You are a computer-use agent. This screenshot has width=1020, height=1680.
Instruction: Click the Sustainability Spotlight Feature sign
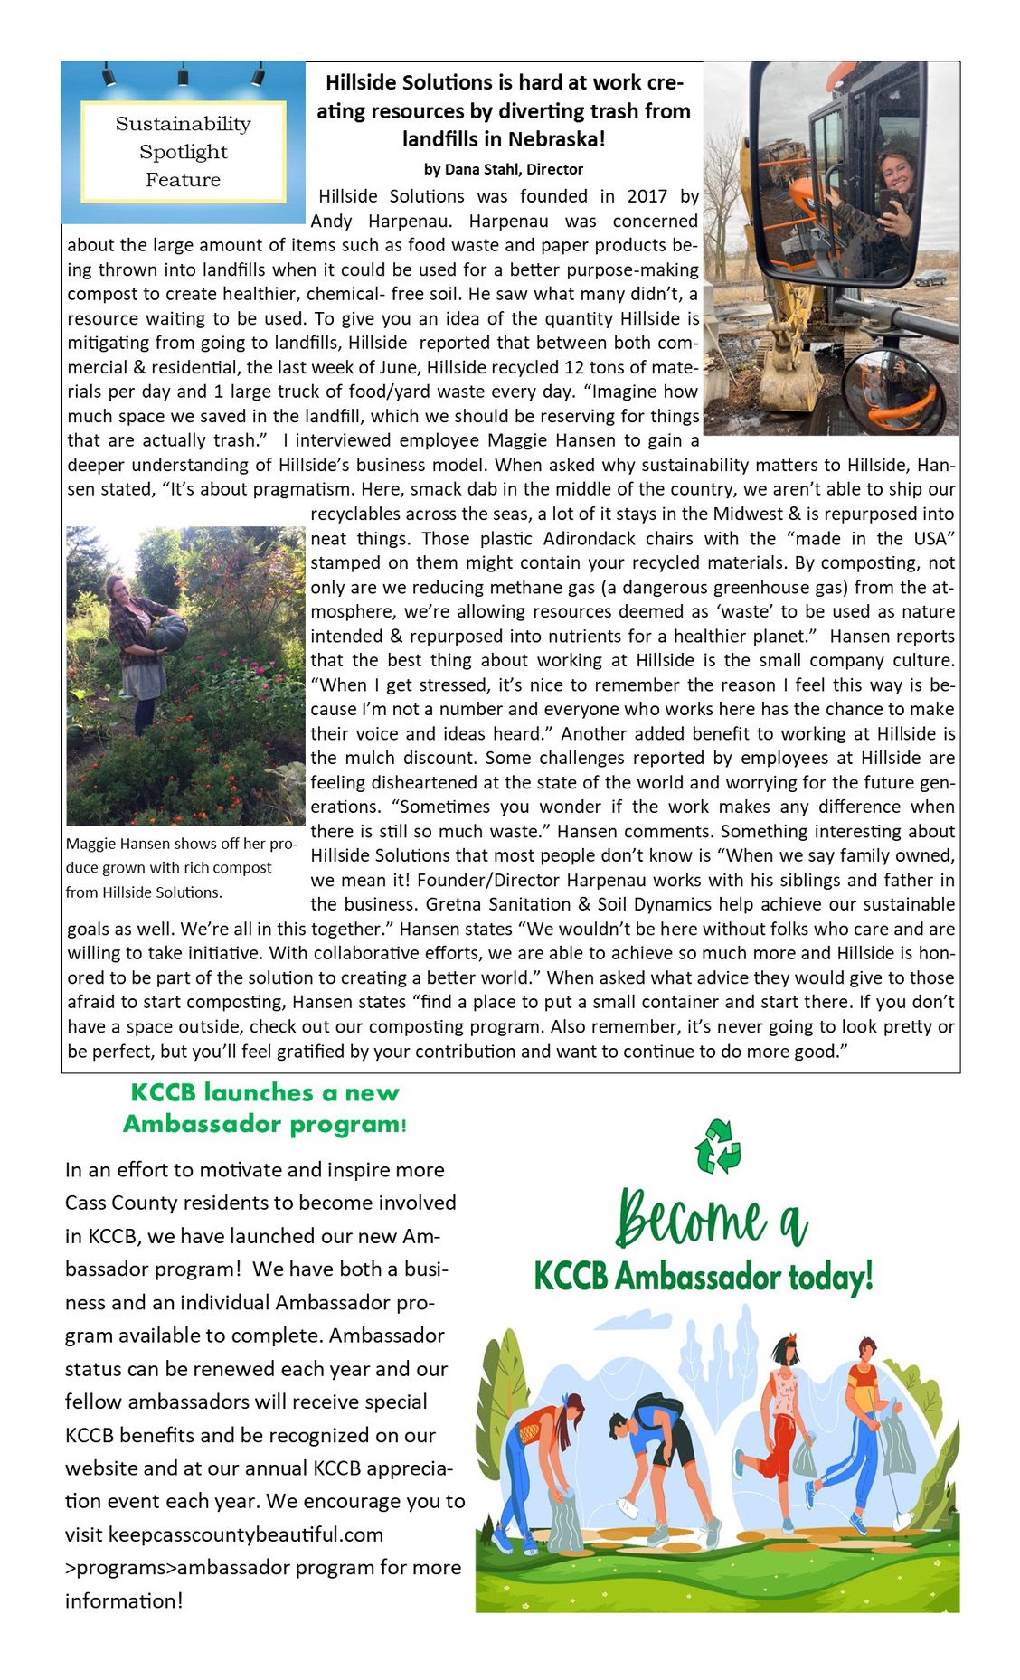coord(183,151)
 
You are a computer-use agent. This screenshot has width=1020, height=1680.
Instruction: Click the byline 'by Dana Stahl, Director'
coord(504,169)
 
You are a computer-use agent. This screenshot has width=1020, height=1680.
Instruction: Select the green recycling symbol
coord(718,1146)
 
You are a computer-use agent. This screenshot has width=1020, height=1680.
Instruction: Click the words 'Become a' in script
coord(711,1217)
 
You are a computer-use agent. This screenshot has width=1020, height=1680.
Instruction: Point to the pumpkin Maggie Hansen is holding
coord(168,631)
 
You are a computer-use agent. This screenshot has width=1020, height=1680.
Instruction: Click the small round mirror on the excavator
coord(893,391)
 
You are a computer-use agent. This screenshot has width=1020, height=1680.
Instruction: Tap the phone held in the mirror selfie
coord(889,203)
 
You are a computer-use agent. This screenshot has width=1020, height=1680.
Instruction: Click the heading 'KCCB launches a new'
coord(265,1092)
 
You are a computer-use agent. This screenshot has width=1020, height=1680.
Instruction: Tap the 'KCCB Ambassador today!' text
coord(704,1277)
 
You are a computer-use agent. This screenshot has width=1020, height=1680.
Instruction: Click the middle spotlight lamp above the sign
coord(183,74)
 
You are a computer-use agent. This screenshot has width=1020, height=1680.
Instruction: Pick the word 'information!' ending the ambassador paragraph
coord(124,1600)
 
